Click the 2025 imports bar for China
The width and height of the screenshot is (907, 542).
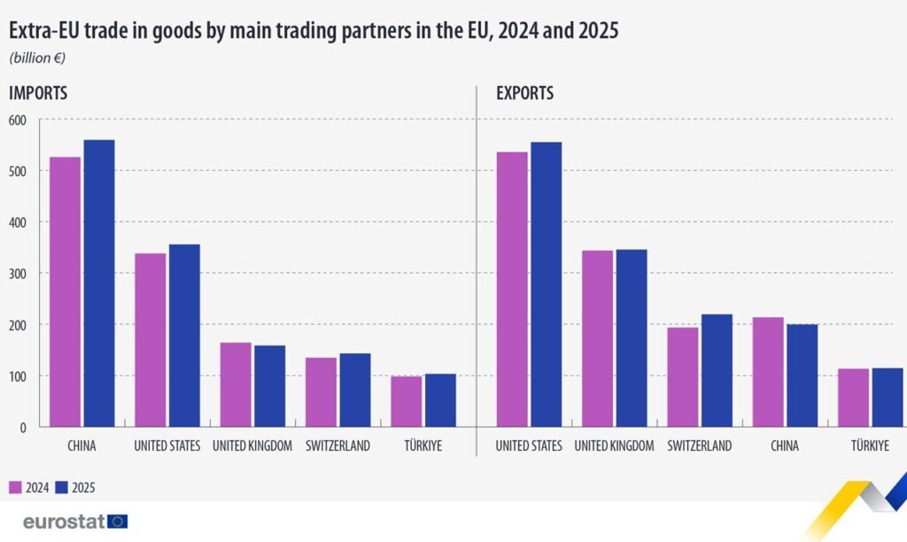point(99,283)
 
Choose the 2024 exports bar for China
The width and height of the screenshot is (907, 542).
point(767,372)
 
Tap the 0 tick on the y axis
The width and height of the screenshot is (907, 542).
point(23,428)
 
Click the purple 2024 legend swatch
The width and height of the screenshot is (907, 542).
point(15,487)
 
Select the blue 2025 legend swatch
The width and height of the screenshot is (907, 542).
point(61,487)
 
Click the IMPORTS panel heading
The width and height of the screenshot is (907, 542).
point(38,92)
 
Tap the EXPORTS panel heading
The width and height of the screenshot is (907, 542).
point(524,92)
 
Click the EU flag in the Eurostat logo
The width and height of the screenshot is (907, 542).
point(118,522)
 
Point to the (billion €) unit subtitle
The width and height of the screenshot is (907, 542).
point(37,58)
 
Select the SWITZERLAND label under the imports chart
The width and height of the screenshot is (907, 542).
point(337,446)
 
